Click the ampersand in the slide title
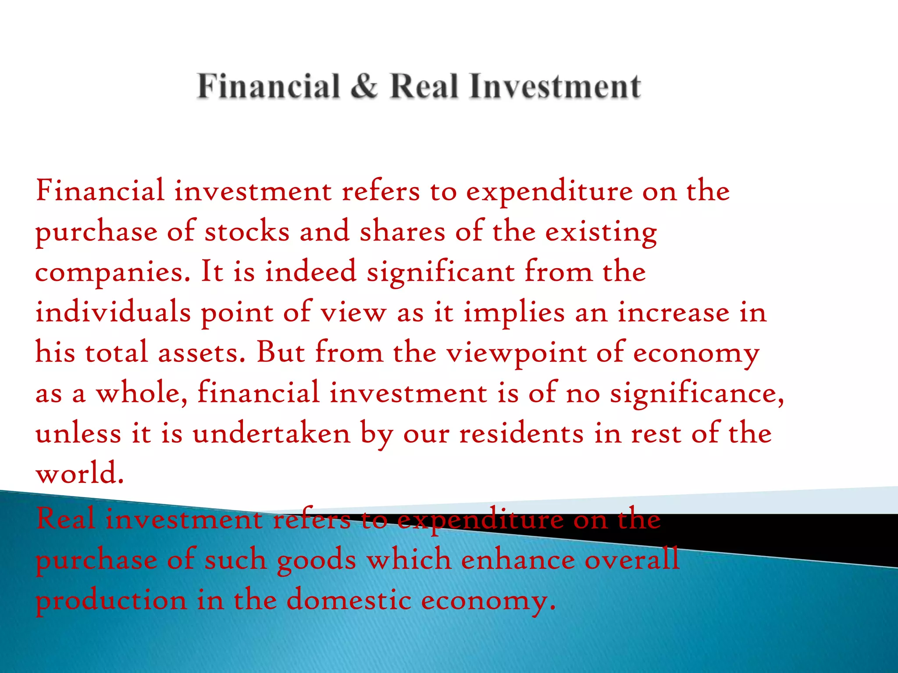coord(363,86)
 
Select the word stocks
coord(247,231)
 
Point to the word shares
coord(402,231)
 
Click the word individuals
coord(113,312)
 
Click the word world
coord(79,474)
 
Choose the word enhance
coord(518,560)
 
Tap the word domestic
coord(349,600)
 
